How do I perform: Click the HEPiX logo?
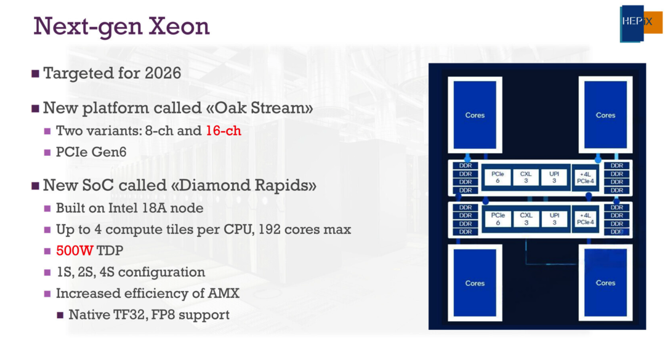(x=641, y=23)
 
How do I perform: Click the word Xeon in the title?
(x=179, y=26)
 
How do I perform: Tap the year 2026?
(x=163, y=73)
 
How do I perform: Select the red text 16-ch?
(x=224, y=130)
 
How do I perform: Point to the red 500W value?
(x=75, y=250)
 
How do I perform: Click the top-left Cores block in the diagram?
(x=475, y=115)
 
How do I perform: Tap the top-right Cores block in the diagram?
(x=605, y=115)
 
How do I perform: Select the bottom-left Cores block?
(x=475, y=283)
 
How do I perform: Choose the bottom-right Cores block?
(x=605, y=283)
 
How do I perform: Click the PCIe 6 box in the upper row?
(x=498, y=177)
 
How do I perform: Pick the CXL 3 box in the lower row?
(x=526, y=219)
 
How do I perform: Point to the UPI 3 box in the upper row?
(x=554, y=177)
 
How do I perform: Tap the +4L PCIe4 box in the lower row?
(x=586, y=219)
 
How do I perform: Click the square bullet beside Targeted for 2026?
(x=36, y=74)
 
